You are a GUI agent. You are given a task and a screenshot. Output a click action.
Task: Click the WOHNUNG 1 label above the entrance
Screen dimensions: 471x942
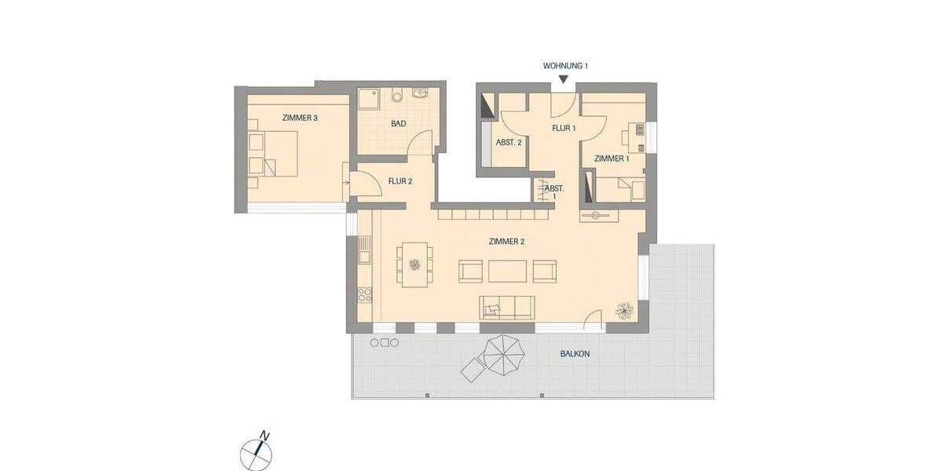(x=564, y=67)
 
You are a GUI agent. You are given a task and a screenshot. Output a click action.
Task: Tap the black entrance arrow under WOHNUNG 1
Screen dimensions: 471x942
(x=564, y=79)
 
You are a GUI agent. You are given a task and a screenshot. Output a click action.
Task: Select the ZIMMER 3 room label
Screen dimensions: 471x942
(x=299, y=119)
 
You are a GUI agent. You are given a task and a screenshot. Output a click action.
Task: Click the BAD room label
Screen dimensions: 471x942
(x=398, y=124)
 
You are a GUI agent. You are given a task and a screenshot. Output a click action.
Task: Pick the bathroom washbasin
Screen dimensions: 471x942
(x=420, y=95)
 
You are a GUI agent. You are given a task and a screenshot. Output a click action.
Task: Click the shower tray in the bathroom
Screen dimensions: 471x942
(x=368, y=98)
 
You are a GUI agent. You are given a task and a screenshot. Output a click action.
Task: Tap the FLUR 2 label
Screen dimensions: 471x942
(x=400, y=181)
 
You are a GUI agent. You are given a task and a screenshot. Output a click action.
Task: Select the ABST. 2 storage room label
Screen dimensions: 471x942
(x=509, y=143)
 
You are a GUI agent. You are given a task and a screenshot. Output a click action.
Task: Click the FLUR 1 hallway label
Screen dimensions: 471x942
(x=564, y=128)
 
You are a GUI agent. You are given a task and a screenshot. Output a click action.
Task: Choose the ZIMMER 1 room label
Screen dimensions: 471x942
(x=611, y=159)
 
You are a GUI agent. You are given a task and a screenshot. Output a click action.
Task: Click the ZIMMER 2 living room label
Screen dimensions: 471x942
(x=506, y=242)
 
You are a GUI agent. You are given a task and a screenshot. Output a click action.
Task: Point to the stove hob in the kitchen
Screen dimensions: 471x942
(x=364, y=297)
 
